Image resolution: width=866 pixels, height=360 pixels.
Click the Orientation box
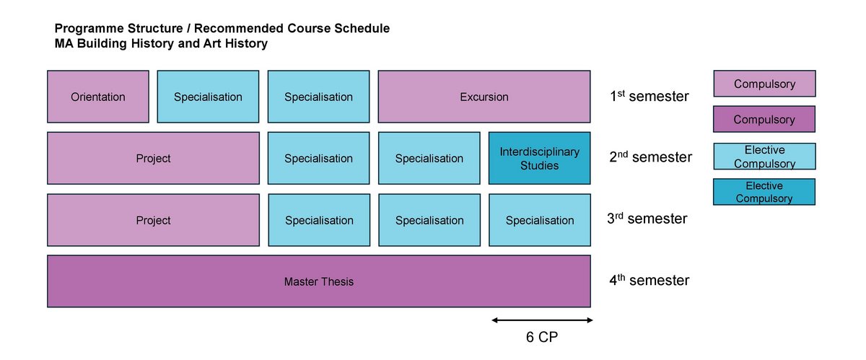(x=98, y=97)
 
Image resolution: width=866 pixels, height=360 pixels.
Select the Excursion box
(x=484, y=97)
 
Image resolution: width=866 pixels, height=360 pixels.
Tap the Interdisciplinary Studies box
(x=539, y=158)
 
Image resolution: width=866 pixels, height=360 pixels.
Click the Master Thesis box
(x=319, y=281)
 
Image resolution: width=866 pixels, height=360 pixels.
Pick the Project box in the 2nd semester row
(x=154, y=158)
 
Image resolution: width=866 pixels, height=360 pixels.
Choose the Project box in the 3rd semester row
(x=154, y=220)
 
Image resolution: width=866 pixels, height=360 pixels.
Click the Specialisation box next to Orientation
(x=208, y=97)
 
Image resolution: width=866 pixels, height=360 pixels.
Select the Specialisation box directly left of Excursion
(x=318, y=97)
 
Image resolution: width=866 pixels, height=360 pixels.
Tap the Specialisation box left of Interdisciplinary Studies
(x=429, y=158)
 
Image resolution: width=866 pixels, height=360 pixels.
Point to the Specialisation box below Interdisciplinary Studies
(x=540, y=220)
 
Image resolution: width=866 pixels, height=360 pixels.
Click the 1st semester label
(x=649, y=96)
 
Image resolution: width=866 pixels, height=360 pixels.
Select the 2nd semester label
(x=651, y=157)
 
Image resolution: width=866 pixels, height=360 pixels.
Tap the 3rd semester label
(x=647, y=219)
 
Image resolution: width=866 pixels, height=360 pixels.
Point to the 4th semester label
(x=649, y=280)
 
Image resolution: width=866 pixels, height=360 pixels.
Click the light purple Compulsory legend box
(x=765, y=84)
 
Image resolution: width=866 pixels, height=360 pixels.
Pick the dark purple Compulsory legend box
(x=764, y=119)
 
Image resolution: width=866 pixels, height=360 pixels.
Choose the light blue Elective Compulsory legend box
(x=765, y=157)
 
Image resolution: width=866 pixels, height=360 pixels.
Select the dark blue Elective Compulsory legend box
(x=764, y=192)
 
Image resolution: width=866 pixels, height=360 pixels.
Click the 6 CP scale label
(x=542, y=337)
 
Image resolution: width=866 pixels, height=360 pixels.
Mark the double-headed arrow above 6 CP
(x=543, y=320)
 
